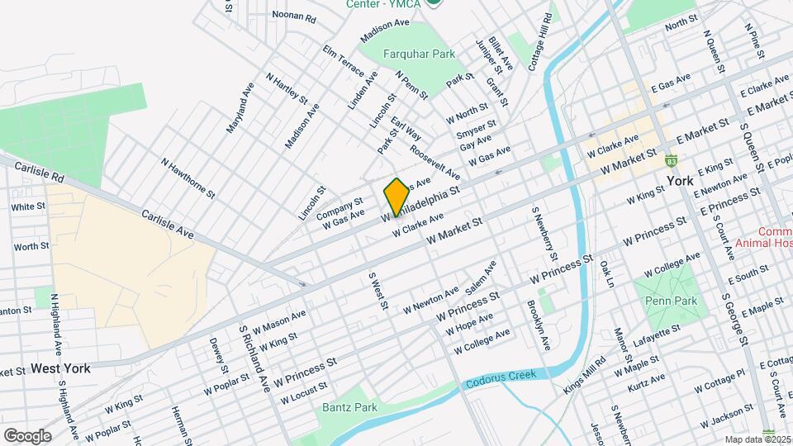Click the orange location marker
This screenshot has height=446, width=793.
(x=396, y=197)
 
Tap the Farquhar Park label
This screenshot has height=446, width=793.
(x=419, y=55)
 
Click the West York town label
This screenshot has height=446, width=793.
(x=60, y=368)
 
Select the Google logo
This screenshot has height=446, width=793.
(x=27, y=435)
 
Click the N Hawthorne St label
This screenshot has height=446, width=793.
(x=188, y=179)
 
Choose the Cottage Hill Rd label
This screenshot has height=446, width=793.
(x=539, y=43)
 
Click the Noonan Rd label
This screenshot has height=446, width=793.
(x=293, y=17)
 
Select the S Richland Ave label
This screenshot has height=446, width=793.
(x=254, y=358)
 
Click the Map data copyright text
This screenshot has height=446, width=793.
(x=757, y=439)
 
